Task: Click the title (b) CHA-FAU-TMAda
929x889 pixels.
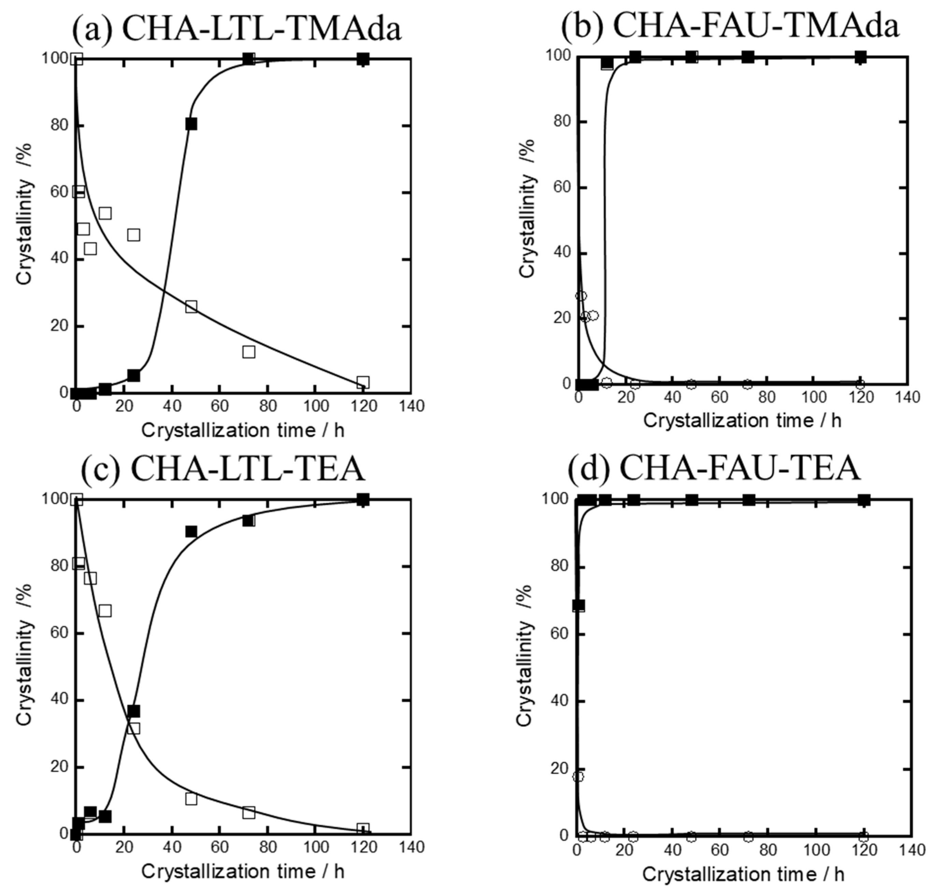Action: [x=730, y=25]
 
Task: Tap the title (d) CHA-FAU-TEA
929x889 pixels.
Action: [x=714, y=468]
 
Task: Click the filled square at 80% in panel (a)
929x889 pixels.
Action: [x=191, y=124]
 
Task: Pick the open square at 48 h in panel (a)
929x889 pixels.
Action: [x=191, y=306]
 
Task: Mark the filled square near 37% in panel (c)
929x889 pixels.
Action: [x=134, y=711]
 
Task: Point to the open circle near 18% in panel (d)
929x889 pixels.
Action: [x=578, y=777]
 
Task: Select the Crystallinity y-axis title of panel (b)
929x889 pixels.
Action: [x=527, y=209]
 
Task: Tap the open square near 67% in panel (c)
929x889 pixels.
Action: [x=105, y=611]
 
